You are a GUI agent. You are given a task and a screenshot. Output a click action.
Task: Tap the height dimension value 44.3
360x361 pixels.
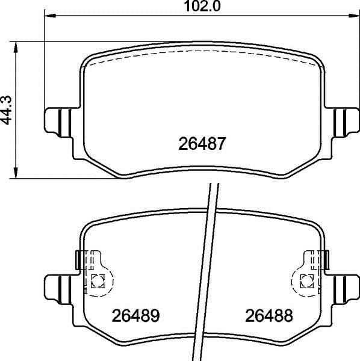pos(8,111)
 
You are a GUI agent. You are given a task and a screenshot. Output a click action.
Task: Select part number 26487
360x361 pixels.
pos(202,145)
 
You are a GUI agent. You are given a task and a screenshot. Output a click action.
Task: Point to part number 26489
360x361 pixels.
pos(135,315)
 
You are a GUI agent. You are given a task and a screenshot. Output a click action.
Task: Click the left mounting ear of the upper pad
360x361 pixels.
pos(58,120)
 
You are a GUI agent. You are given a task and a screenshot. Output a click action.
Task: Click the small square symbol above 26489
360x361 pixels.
pos(98,279)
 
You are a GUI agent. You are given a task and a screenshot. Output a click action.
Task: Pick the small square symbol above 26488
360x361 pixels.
pos(306,279)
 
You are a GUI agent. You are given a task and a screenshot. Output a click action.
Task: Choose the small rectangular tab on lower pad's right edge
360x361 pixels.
pos(327,259)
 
